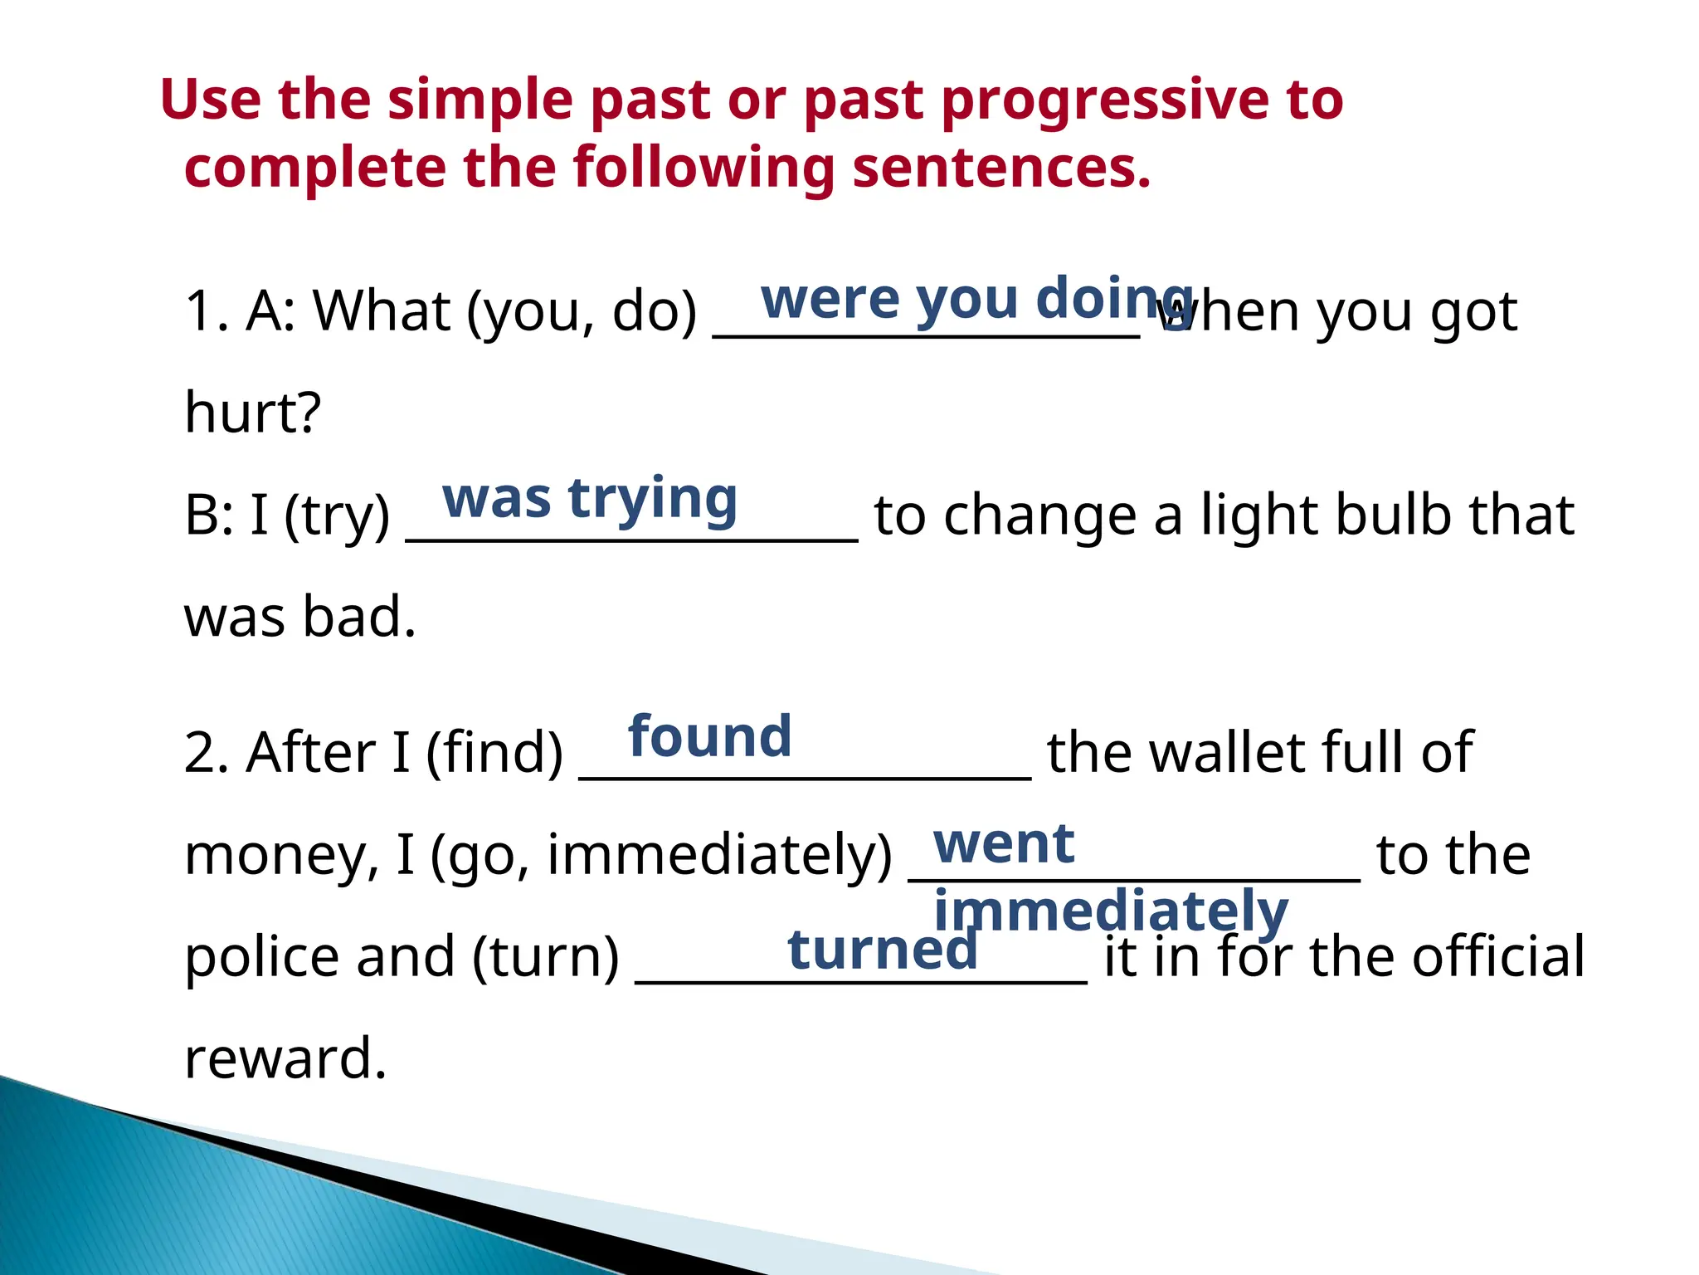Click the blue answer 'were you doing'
click(976, 299)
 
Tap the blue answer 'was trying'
click(590, 500)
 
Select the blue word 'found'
click(710, 737)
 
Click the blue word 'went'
click(1004, 844)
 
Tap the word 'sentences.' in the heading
click(1001, 169)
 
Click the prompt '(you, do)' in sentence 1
click(582, 312)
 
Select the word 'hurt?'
click(252, 413)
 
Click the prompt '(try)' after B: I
click(336, 516)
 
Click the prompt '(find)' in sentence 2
click(494, 754)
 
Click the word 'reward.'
click(285, 1059)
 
